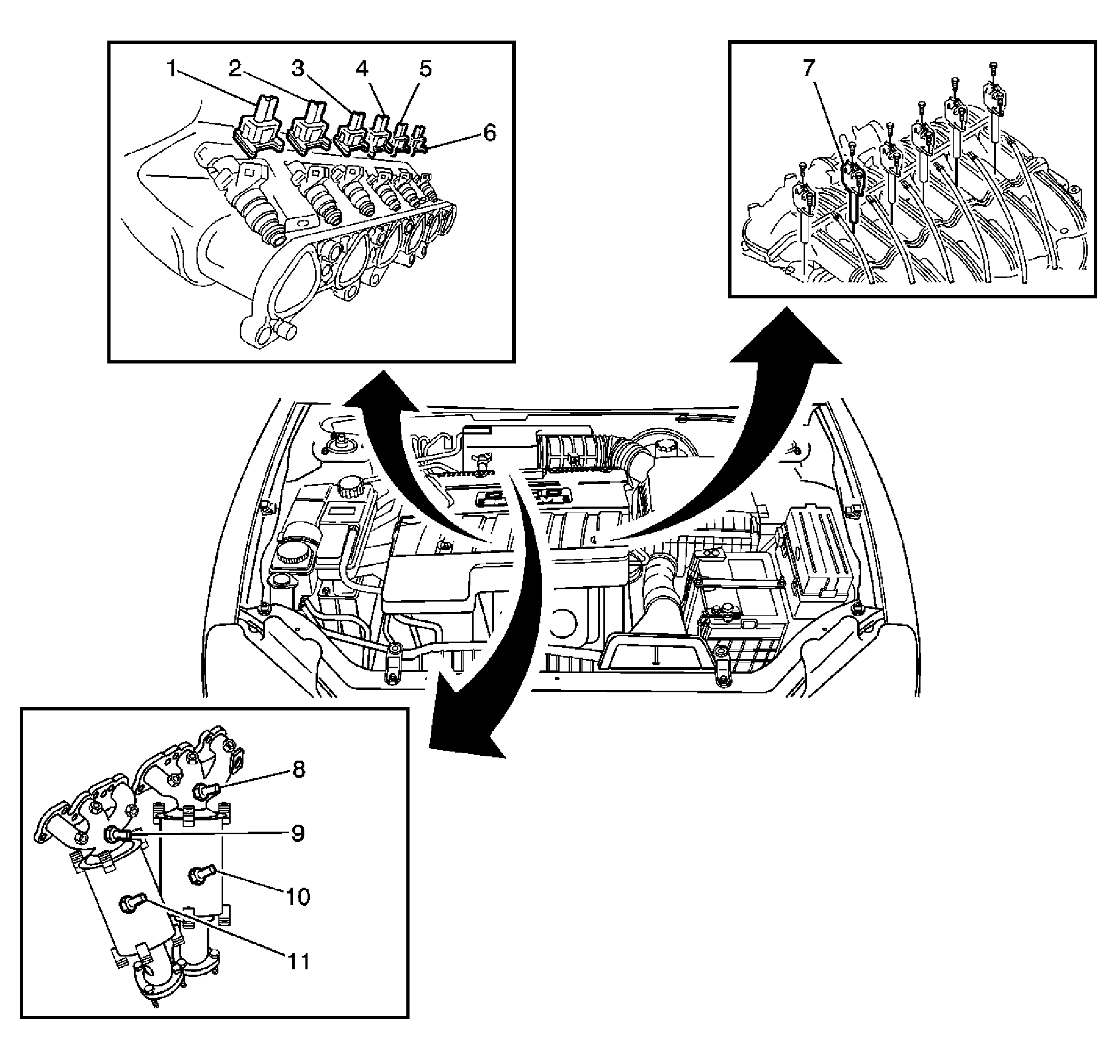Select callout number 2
point(235,70)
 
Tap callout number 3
point(297,70)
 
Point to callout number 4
point(361,70)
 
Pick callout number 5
point(425,70)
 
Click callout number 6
point(489,134)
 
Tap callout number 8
point(298,769)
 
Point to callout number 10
point(298,896)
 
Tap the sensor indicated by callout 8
point(204,791)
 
